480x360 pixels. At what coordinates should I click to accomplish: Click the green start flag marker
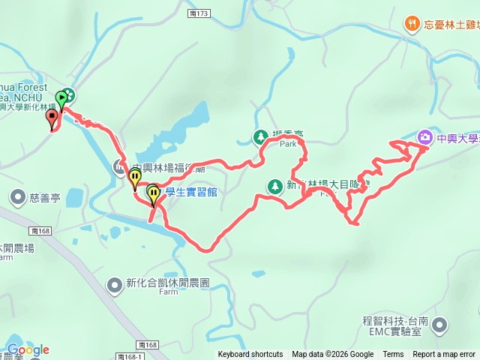click(61, 97)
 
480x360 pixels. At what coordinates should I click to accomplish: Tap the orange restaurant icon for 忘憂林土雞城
click(412, 24)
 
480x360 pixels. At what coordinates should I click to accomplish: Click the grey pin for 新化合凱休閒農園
click(114, 284)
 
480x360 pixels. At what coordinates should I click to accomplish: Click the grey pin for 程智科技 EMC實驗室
click(440, 325)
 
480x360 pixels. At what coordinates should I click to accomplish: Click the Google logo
click(28, 349)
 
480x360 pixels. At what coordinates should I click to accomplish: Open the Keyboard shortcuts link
click(250, 355)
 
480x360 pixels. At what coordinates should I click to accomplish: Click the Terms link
click(393, 355)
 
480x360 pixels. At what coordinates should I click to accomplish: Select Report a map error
click(444, 355)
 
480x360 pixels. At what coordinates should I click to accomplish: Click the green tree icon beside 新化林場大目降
click(275, 185)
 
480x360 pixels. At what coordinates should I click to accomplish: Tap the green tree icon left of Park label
click(260, 137)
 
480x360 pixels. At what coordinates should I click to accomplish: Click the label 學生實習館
click(190, 193)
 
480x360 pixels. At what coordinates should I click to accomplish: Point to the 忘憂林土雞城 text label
click(451, 24)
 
